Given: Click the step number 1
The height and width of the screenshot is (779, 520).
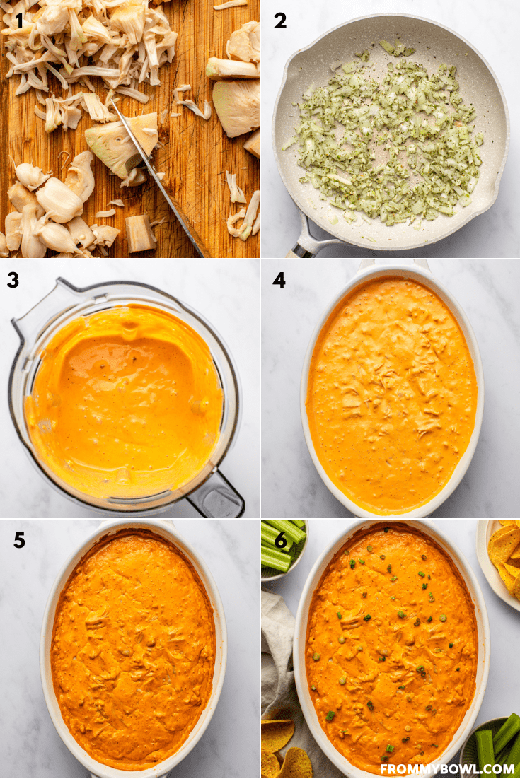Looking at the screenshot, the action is pyautogui.click(x=19, y=21).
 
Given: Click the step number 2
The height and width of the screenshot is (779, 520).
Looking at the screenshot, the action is pyautogui.click(x=280, y=21).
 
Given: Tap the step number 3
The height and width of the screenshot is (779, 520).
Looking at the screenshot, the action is pyautogui.click(x=13, y=280).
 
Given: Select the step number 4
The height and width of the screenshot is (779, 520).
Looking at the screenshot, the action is pyautogui.click(x=279, y=280).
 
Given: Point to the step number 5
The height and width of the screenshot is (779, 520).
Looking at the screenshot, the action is pyautogui.click(x=19, y=540).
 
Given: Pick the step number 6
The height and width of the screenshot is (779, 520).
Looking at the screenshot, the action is pyautogui.click(x=281, y=541).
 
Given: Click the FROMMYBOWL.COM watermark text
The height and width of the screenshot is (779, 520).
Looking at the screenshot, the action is pyautogui.click(x=447, y=769).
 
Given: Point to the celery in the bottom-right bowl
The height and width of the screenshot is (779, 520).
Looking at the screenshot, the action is pyautogui.click(x=497, y=745).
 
